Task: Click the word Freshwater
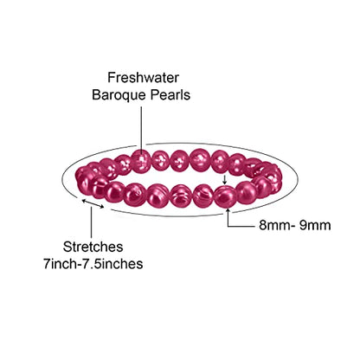pyautogui.click(x=144, y=78)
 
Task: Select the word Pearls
pyautogui.click(x=170, y=94)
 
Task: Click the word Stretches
pyautogui.click(x=93, y=247)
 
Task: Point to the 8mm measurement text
pyautogui.click(x=273, y=225)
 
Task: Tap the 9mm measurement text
pyautogui.click(x=315, y=225)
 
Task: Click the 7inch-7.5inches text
pyautogui.click(x=93, y=264)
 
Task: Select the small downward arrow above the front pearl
pyautogui.click(x=225, y=180)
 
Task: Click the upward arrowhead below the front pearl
pyautogui.click(x=228, y=210)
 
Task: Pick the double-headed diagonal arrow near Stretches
pyautogui.click(x=93, y=203)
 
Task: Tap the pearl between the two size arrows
pyautogui.click(x=225, y=196)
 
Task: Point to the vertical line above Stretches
pyautogui.click(x=92, y=222)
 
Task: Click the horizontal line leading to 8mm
pyautogui.click(x=241, y=226)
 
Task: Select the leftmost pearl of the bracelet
pyautogui.click(x=84, y=179)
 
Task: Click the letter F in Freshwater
pyautogui.click(x=111, y=78)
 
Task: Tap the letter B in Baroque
pyautogui.click(x=96, y=95)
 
